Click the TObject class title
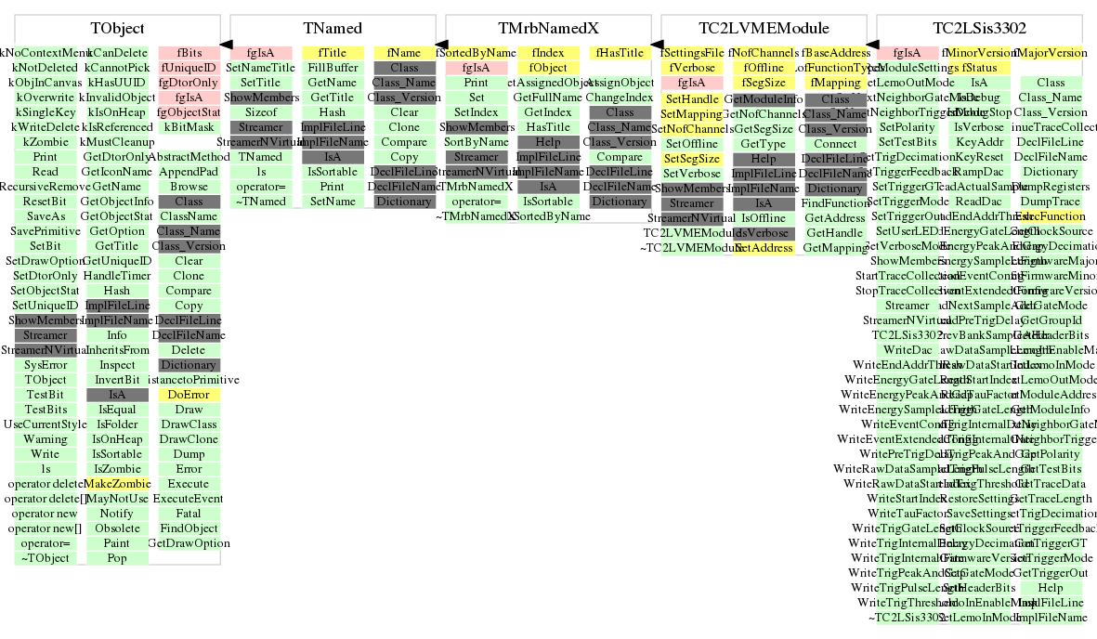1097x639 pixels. (x=118, y=29)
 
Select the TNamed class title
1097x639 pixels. (x=333, y=29)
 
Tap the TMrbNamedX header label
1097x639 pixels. (x=549, y=29)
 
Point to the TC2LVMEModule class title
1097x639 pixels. (x=764, y=29)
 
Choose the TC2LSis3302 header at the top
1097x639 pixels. (x=980, y=29)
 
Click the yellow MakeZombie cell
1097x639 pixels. (x=117, y=484)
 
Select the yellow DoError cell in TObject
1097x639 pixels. (x=189, y=395)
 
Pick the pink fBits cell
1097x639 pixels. (x=189, y=53)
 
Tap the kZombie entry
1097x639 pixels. (x=45, y=142)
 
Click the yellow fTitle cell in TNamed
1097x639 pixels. (x=332, y=53)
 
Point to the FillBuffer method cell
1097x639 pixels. (x=332, y=68)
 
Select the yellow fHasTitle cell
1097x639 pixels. (x=620, y=53)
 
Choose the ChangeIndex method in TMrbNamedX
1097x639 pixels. (x=620, y=98)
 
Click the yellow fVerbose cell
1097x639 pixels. (x=692, y=68)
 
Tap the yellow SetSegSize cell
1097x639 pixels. (x=692, y=159)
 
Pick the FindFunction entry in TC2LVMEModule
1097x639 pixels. (x=836, y=203)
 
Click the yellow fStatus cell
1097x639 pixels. (x=979, y=68)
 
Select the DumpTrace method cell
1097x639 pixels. (x=1051, y=202)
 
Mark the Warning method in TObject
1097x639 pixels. (x=45, y=439)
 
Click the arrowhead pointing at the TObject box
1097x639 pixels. (x=226, y=45)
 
